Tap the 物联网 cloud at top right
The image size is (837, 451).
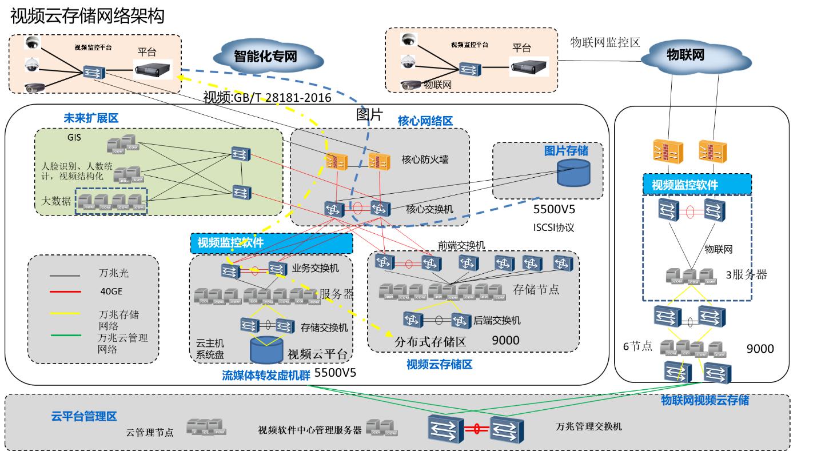point(684,55)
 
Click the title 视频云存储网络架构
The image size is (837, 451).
point(87,16)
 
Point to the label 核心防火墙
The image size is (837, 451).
point(425,159)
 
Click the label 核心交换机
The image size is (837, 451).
point(429,209)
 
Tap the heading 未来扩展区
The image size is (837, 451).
point(91,118)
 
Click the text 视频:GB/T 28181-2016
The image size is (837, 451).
point(267,98)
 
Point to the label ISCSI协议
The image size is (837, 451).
point(553,227)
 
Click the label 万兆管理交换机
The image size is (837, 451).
point(589,426)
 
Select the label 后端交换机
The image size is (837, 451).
point(497,321)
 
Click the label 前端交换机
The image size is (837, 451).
point(461,245)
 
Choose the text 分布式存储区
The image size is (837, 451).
point(431,342)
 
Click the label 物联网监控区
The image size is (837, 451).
point(605,42)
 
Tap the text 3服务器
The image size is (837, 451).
point(746,274)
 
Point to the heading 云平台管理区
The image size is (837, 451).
point(84,416)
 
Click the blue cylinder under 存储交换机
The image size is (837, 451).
point(268,350)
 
